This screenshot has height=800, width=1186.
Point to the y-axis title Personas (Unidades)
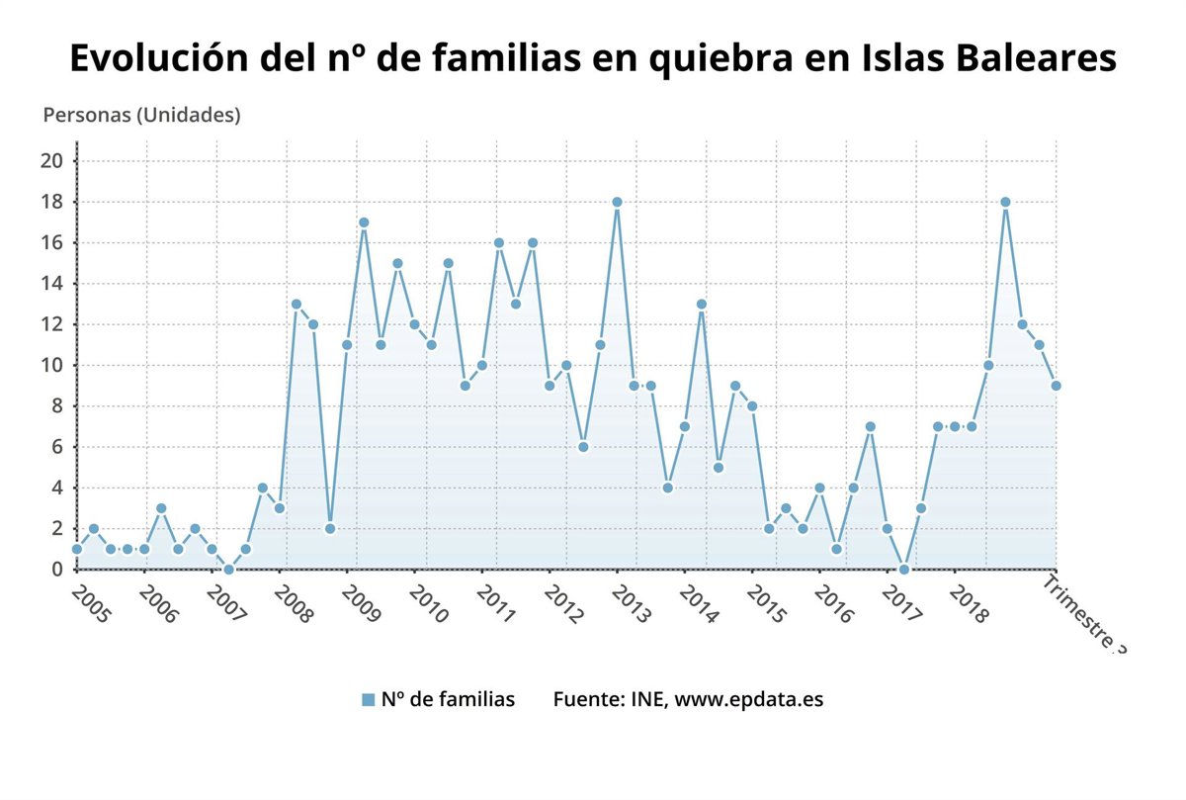click(141, 115)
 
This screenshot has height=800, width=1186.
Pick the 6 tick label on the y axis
click(59, 447)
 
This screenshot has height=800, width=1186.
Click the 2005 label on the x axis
click(92, 604)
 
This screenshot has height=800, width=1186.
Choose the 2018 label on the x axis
click(969, 604)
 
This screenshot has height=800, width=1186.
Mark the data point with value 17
click(364, 222)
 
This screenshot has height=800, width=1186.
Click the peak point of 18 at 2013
click(617, 202)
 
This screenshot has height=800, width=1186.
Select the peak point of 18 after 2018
click(1005, 202)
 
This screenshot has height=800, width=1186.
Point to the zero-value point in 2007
click(228, 569)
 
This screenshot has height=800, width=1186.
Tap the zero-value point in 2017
click(903, 569)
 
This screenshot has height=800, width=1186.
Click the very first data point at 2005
click(77, 549)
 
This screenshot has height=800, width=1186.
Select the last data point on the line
click(1056, 386)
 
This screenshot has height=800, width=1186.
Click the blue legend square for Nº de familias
click(368, 700)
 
